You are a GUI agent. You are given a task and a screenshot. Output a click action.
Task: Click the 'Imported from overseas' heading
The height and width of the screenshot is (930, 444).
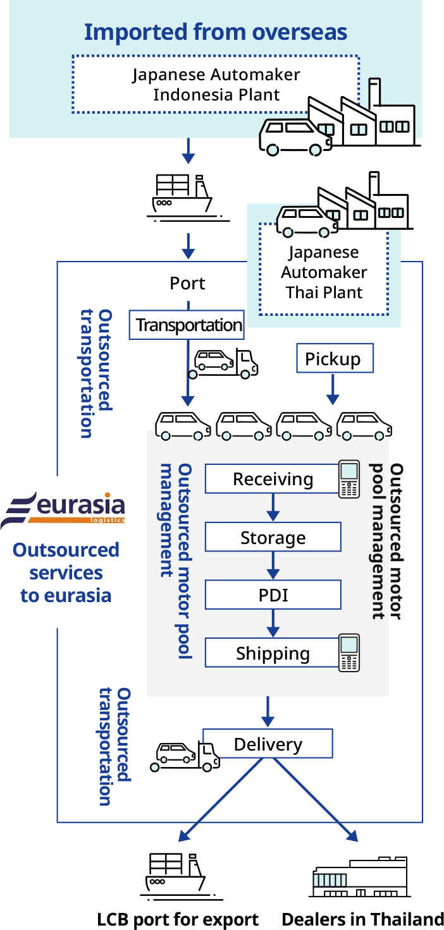click(216, 32)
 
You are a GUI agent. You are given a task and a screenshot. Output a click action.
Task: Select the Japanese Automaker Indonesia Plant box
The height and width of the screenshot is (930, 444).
click(216, 85)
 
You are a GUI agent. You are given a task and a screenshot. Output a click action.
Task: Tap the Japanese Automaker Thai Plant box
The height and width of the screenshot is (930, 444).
click(324, 272)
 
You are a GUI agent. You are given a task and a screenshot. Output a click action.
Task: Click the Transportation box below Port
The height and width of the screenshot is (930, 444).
click(187, 325)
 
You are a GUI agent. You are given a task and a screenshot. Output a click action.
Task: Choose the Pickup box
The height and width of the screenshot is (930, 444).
click(335, 359)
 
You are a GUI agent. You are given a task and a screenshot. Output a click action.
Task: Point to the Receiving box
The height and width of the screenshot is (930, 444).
click(273, 479)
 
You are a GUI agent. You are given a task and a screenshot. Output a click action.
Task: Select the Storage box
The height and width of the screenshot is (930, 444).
click(273, 538)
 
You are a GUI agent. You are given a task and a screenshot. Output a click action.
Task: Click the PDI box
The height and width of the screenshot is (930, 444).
click(273, 595)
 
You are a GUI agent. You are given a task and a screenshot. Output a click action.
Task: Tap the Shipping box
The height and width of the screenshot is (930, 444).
click(273, 653)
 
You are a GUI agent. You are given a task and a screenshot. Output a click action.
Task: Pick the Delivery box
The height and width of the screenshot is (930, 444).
click(268, 744)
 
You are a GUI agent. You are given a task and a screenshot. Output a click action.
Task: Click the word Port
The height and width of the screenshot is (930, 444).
click(187, 283)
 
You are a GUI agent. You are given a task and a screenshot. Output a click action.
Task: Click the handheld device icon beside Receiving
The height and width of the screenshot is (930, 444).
click(349, 479)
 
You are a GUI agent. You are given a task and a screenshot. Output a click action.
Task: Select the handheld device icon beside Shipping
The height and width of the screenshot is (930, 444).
click(349, 653)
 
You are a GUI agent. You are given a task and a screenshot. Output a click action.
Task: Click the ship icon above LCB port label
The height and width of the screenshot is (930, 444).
click(176, 874)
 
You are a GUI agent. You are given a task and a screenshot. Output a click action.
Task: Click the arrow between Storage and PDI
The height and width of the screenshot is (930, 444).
click(273, 565)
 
